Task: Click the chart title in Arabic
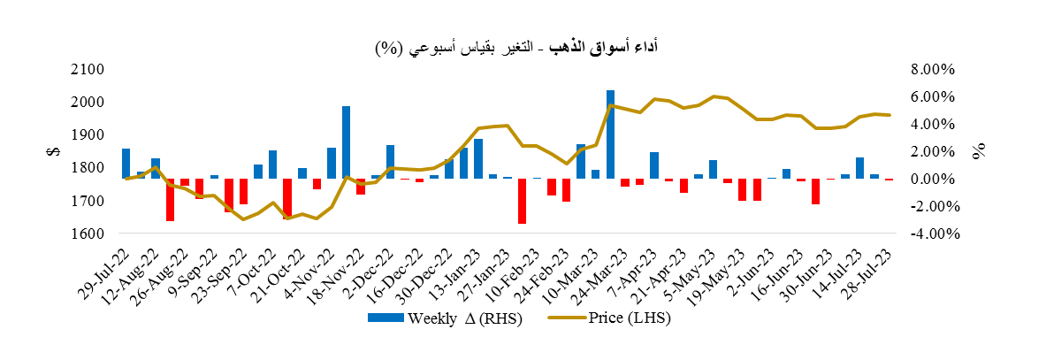pos(523,47)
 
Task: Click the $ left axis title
pos(50,151)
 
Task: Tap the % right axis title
pos(980,151)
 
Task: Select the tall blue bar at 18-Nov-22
pos(346,142)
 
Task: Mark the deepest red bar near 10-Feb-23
pos(523,201)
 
